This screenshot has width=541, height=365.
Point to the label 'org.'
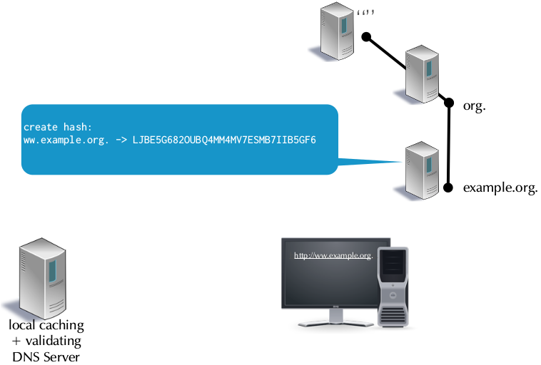[x=475, y=106]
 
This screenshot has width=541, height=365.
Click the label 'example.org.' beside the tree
[x=500, y=188]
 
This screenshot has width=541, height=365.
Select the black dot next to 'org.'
[x=449, y=103]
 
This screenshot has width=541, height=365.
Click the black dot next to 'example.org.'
[x=448, y=188]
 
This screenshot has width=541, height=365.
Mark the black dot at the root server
[x=365, y=36]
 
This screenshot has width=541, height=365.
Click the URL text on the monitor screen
[x=333, y=255]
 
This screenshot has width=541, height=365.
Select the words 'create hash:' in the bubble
[x=57, y=127]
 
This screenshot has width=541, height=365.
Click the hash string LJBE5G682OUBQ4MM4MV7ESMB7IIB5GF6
[x=224, y=140]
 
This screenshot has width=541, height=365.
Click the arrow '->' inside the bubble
[x=121, y=140]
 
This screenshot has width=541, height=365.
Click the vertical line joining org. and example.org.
[x=449, y=146]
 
